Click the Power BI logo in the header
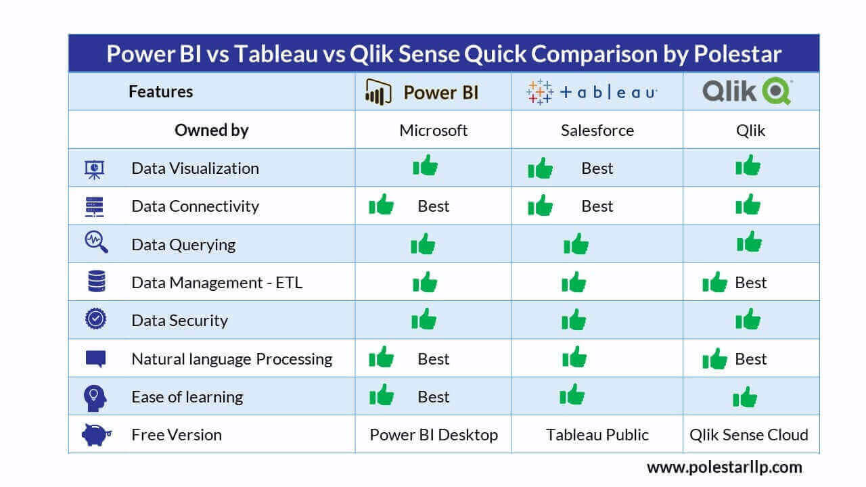(422, 92)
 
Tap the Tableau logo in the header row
(592, 92)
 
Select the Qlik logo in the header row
(747, 91)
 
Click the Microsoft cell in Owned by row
(433, 131)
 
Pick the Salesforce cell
(597, 131)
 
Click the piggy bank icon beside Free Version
(95, 434)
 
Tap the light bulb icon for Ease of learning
(95, 396)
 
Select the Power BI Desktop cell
(433, 435)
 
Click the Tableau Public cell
(597, 435)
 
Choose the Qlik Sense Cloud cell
(748, 435)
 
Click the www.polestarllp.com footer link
(724, 467)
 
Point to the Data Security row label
(179, 321)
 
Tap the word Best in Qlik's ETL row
(750, 282)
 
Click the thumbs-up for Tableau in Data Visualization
(540, 168)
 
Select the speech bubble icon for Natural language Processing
(95, 358)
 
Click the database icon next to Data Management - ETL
(96, 281)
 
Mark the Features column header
(160, 92)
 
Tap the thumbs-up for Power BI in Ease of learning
(382, 395)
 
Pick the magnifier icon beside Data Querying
(95, 242)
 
